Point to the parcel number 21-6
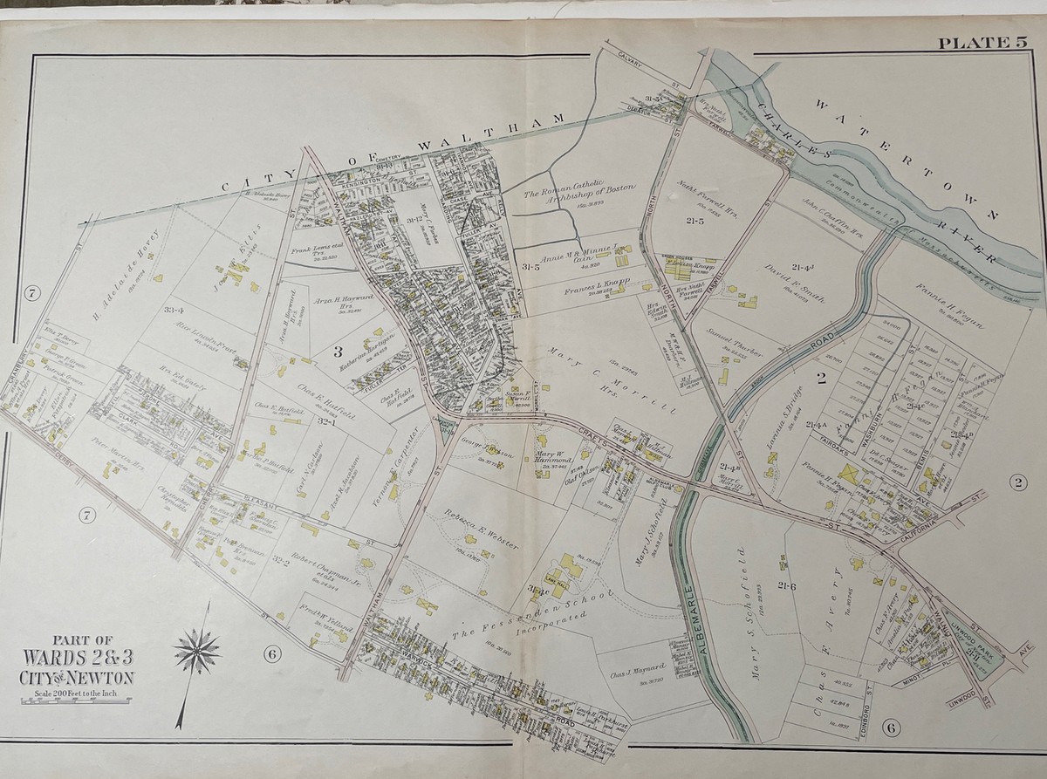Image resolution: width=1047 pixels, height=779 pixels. pos(790,587)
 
